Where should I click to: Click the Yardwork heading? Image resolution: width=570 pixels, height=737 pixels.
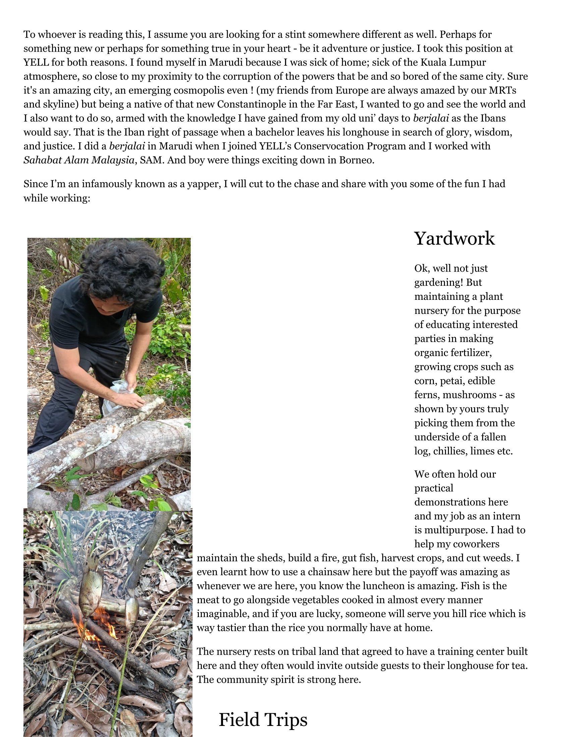[454, 239]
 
